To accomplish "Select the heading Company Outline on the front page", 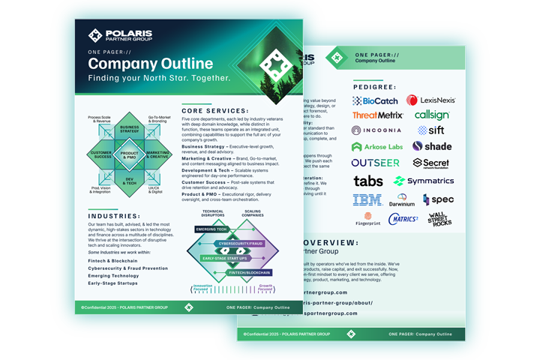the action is [x=150, y=64].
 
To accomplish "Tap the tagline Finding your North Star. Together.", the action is [x=160, y=78].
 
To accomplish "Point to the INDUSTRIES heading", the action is [x=109, y=216].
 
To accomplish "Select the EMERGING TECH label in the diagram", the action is [x=211, y=229].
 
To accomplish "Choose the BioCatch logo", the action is [x=375, y=100].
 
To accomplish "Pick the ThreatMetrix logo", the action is [x=378, y=115].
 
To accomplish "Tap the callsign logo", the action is [x=432, y=115].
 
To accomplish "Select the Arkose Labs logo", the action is [x=377, y=146].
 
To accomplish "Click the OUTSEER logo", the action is [x=376, y=163].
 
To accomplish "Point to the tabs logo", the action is [x=368, y=181].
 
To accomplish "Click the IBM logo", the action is [x=367, y=199].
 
